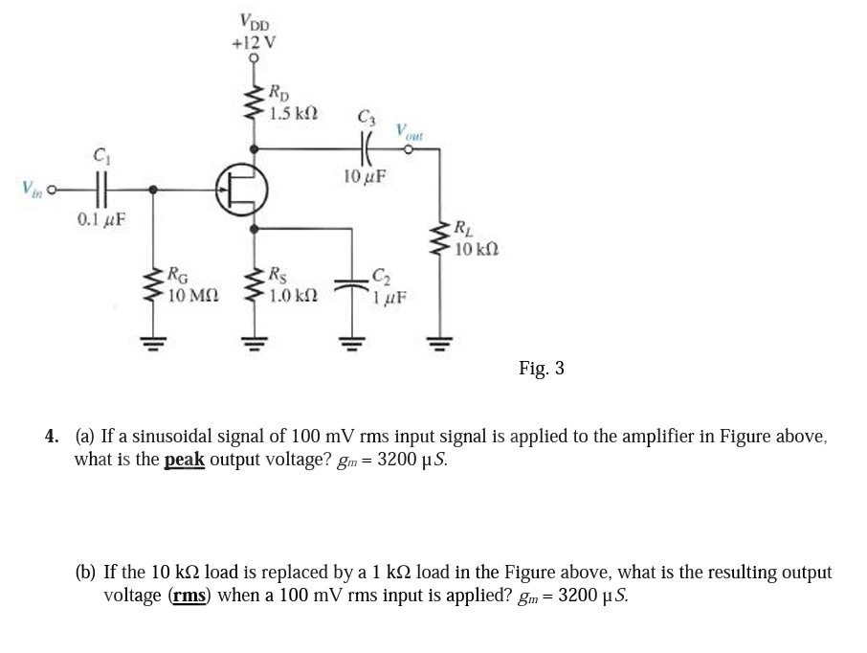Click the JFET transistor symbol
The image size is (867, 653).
point(240,190)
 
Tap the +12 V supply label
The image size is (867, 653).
point(254,42)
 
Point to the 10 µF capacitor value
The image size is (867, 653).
point(365,177)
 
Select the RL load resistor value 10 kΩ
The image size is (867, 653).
point(476,249)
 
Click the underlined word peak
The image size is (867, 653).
point(184,459)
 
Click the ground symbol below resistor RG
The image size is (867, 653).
point(151,338)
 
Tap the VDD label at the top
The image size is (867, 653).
point(254,22)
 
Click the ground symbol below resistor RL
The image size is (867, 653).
point(439,338)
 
